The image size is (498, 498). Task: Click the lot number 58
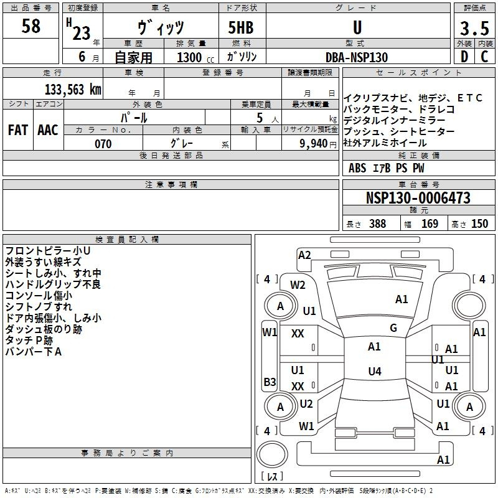pyautogui.click(x=31, y=26)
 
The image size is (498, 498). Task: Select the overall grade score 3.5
pyautogui.click(x=474, y=28)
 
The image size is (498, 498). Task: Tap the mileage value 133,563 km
pyautogui.click(x=73, y=90)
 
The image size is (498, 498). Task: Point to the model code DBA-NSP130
pyautogui.click(x=357, y=57)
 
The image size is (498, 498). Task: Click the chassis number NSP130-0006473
pyautogui.click(x=418, y=197)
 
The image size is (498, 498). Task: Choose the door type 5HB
pyautogui.click(x=241, y=27)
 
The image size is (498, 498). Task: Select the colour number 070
pyautogui.click(x=103, y=144)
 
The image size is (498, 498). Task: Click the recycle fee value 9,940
pyautogui.click(x=314, y=144)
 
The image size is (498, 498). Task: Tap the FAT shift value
pyautogui.click(x=18, y=130)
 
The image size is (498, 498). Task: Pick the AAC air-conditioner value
pyautogui.click(x=48, y=130)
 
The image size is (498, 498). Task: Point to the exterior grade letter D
pyautogui.click(x=464, y=57)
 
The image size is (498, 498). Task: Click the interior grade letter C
pyautogui.click(x=484, y=57)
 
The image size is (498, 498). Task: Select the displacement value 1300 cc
pyautogui.click(x=195, y=57)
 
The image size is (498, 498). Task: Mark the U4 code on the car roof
pyautogui.click(x=375, y=371)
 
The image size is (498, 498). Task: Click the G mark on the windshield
pyautogui.click(x=393, y=327)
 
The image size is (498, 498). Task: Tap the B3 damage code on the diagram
pyautogui.click(x=270, y=382)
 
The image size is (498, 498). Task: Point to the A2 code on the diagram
pyautogui.click(x=304, y=255)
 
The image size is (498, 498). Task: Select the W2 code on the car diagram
pyautogui.click(x=298, y=285)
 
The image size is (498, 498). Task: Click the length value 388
pyautogui.click(x=378, y=223)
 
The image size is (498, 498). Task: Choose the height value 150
pyautogui.click(x=479, y=223)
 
